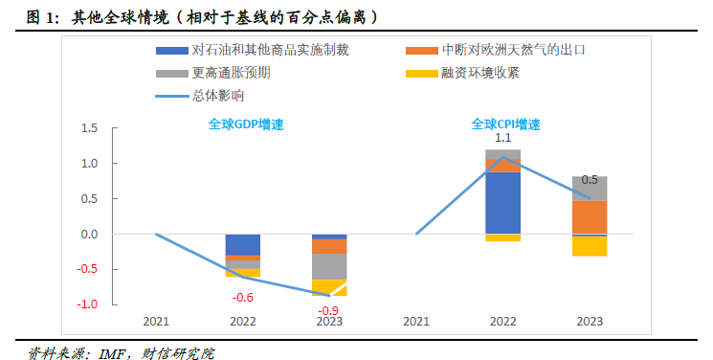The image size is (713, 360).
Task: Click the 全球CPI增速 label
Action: (505, 124)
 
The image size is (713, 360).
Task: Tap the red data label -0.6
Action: (243, 297)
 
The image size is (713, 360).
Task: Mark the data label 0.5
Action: (590, 180)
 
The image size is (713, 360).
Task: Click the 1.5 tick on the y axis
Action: (90, 128)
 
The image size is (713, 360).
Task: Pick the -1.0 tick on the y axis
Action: (88, 304)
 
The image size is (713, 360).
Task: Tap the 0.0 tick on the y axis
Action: (90, 234)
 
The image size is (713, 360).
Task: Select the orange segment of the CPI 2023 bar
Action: (590, 216)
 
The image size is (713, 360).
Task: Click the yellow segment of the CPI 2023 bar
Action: (590, 246)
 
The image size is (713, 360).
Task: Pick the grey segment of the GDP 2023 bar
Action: (329, 266)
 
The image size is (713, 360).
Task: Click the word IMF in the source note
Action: (116, 353)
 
